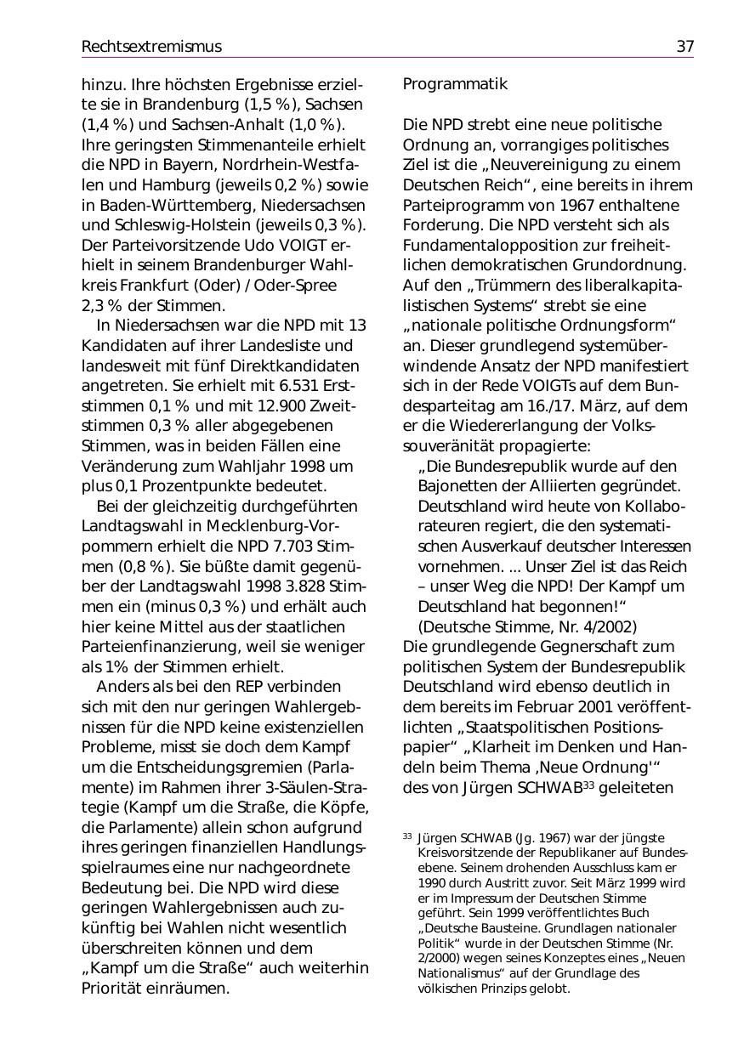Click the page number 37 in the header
[684, 47]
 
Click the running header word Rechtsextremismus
[151, 47]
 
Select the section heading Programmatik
[455, 84]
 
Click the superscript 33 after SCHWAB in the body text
[588, 785]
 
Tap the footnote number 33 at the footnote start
[407, 837]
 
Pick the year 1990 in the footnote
[434, 883]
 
